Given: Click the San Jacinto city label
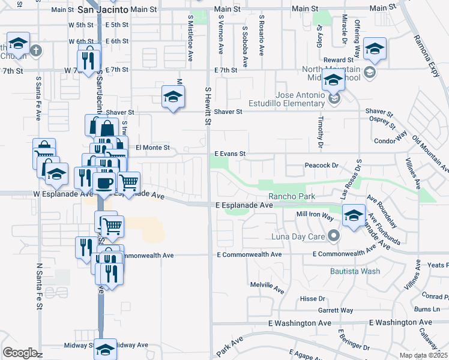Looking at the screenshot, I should pos(103,10).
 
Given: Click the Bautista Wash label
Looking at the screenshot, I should pos(355,271).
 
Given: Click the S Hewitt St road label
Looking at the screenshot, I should pos(208,106).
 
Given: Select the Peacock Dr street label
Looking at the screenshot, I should pos(322,165).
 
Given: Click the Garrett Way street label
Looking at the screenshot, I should pos(336,310).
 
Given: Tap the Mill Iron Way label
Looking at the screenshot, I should pos(315,214).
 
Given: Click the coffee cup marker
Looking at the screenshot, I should pos(104,183).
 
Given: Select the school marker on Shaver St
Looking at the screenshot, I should pos(173,97).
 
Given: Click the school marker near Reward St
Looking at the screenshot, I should pos(375,49).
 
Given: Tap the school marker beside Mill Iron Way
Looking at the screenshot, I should pos(354,214).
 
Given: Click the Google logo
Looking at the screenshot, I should pos(19,353).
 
